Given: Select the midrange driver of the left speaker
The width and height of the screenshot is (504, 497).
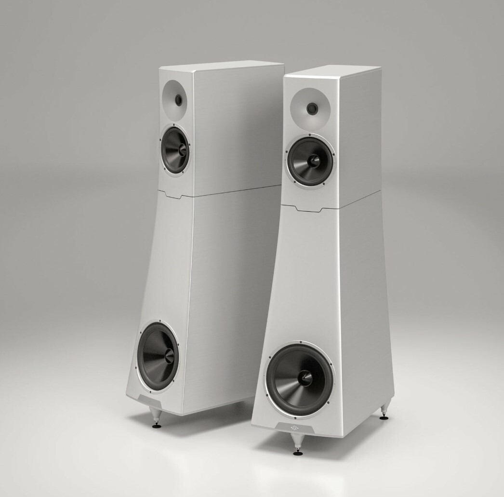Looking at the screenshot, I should pos(175,150).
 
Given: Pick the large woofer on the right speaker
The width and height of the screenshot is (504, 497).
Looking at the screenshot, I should pos(300,379).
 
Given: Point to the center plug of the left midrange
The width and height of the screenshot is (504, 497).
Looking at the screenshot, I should pos(182,149).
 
